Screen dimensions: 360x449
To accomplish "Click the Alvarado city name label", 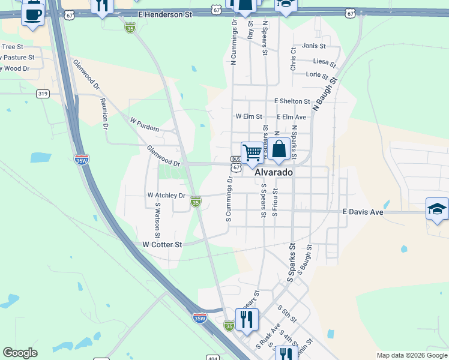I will click(x=274, y=172).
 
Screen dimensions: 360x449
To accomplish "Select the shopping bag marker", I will click(x=279, y=149).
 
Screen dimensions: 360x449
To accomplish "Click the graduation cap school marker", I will click(x=437, y=209).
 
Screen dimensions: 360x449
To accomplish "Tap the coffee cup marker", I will click(x=32, y=13).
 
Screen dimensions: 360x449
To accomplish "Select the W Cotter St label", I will click(x=162, y=245).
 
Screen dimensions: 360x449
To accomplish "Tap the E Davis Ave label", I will click(x=363, y=212).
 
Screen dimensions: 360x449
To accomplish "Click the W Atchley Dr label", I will click(x=166, y=196).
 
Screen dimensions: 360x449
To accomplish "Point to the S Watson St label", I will click(x=158, y=214).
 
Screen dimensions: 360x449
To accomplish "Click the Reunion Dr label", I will click(x=104, y=113).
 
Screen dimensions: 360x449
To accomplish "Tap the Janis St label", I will click(x=314, y=46).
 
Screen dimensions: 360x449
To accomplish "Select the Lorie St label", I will click(x=317, y=75).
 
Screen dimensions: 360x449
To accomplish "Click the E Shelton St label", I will click(x=292, y=101).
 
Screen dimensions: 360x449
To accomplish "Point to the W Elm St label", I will click(x=249, y=116).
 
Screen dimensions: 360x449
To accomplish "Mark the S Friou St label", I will click(x=275, y=202).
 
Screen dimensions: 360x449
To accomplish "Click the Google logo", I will click(x=20, y=353).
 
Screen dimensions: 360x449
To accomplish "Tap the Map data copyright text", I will click(x=411, y=355).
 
